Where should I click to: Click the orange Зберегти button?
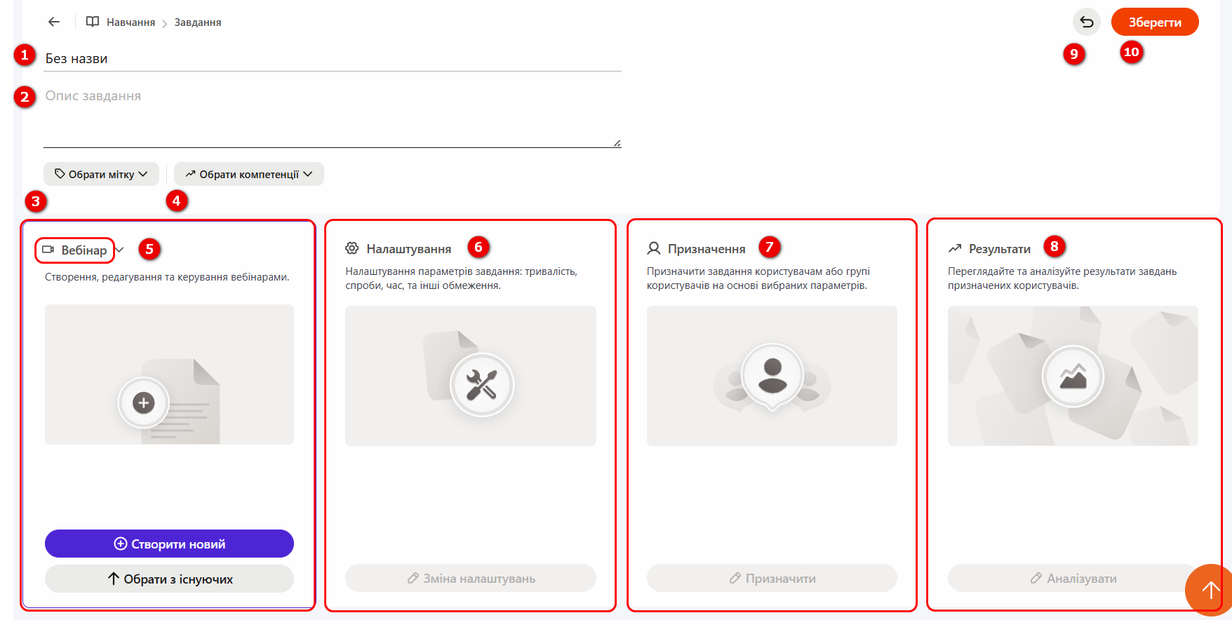[x=1155, y=22]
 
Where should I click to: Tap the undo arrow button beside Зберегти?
[x=1087, y=22]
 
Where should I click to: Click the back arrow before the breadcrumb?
[x=54, y=22]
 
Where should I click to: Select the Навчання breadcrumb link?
[x=130, y=22]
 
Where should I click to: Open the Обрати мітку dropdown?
[x=101, y=174]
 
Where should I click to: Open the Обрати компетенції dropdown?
[x=249, y=174]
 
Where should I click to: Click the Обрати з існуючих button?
[x=169, y=579]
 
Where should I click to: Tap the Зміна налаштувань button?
[x=471, y=578]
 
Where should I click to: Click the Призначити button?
[x=772, y=578]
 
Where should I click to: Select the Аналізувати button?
[x=1073, y=578]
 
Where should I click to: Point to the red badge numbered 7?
[x=770, y=247]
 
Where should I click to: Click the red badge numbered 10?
[x=1131, y=52]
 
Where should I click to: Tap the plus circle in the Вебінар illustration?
[x=144, y=403]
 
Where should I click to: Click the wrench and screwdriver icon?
[x=482, y=384]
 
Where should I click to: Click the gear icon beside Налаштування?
[x=352, y=248]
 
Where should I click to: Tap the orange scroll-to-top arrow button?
[x=1210, y=589]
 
